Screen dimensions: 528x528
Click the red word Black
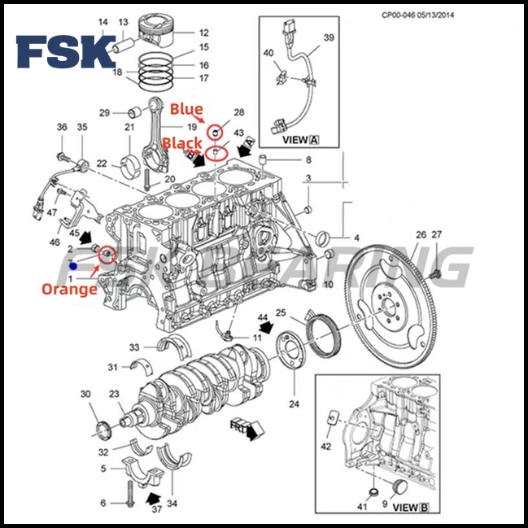click(x=181, y=142)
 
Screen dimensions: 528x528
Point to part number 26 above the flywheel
click(x=421, y=235)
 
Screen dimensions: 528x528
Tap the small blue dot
click(x=73, y=266)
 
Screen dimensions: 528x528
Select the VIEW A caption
click(x=299, y=140)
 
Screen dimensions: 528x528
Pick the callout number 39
click(x=329, y=38)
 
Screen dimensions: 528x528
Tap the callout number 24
click(x=294, y=404)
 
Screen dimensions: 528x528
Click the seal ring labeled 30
click(x=103, y=429)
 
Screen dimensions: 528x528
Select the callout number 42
click(x=326, y=447)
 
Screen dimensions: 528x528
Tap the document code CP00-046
click(x=404, y=15)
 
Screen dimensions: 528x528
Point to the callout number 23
click(x=114, y=395)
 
